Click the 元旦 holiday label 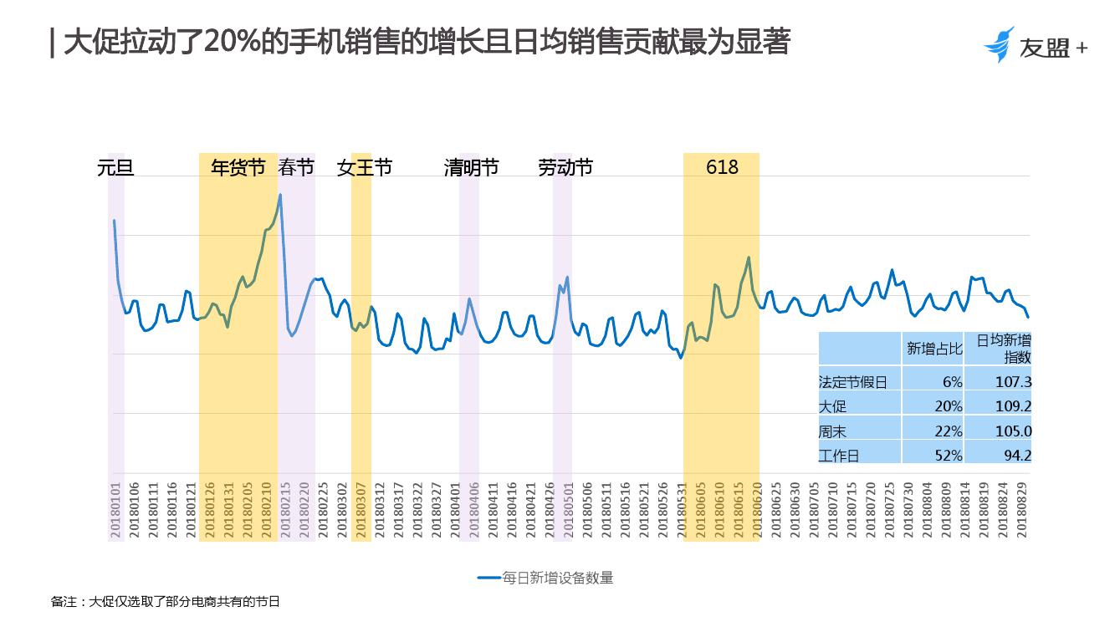click(115, 168)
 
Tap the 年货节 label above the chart click(238, 168)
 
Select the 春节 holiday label click(296, 168)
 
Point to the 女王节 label click(365, 168)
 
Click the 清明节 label click(471, 168)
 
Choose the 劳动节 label click(565, 168)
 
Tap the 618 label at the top click(722, 167)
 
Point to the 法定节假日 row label click(852, 382)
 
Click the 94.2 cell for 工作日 click(1017, 456)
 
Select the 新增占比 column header click(934, 349)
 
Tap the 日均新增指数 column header click(1004, 349)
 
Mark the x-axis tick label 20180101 click(116, 510)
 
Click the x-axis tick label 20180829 click(1022, 510)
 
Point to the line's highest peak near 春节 click(280, 195)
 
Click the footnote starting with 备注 click(166, 601)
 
